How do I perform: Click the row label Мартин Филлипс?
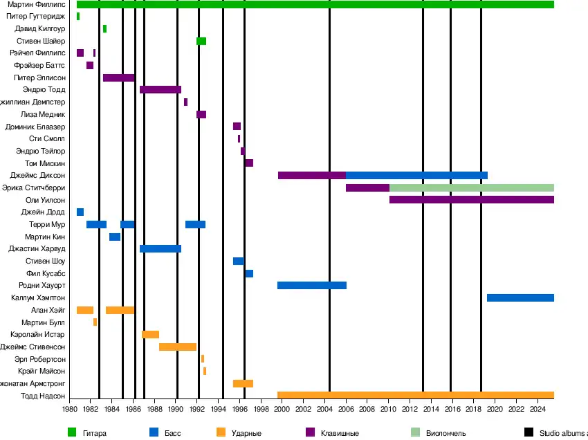[37, 5]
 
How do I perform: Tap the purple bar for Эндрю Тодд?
[160, 90]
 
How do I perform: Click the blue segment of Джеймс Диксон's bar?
[416, 175]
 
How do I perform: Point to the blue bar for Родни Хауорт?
[312, 285]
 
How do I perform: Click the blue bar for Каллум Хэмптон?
[520, 297]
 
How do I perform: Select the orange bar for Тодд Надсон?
[416, 396]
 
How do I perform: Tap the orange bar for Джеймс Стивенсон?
[178, 347]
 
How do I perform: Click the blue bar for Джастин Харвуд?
[160, 248]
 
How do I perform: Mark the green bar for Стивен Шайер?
[201, 42]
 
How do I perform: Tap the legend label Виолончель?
[446, 433]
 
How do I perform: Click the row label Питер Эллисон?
[40, 77]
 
